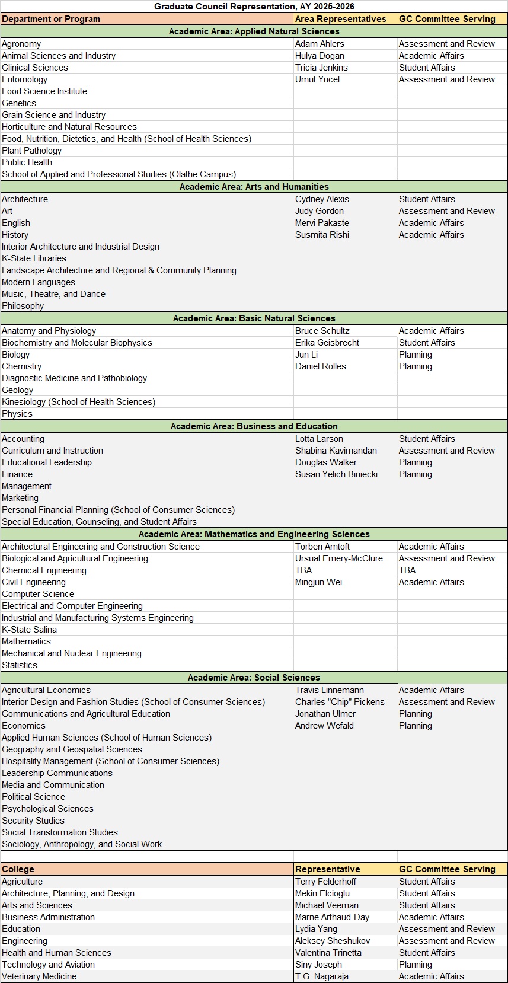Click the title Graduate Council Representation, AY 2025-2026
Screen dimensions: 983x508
(254, 7)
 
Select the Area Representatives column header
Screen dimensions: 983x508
(340, 19)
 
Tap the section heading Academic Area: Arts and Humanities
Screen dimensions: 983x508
(254, 187)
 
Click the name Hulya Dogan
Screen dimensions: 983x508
(320, 56)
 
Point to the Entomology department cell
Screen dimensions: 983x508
(25, 79)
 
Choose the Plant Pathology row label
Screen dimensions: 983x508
(31, 151)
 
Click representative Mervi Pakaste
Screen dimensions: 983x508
(322, 223)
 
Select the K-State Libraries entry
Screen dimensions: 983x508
(34, 258)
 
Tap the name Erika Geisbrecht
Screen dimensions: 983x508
(327, 343)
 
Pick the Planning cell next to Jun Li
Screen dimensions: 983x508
(415, 355)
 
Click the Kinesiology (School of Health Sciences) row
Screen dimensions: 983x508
(78, 402)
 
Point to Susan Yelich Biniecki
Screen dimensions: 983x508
(336, 474)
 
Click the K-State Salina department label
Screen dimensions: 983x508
(29, 630)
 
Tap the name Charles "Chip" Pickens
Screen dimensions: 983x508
(340, 702)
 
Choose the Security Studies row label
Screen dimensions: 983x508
(33, 821)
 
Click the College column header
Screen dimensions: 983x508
(18, 869)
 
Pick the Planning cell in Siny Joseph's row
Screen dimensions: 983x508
(415, 965)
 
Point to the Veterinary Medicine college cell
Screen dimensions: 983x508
(39, 976)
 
